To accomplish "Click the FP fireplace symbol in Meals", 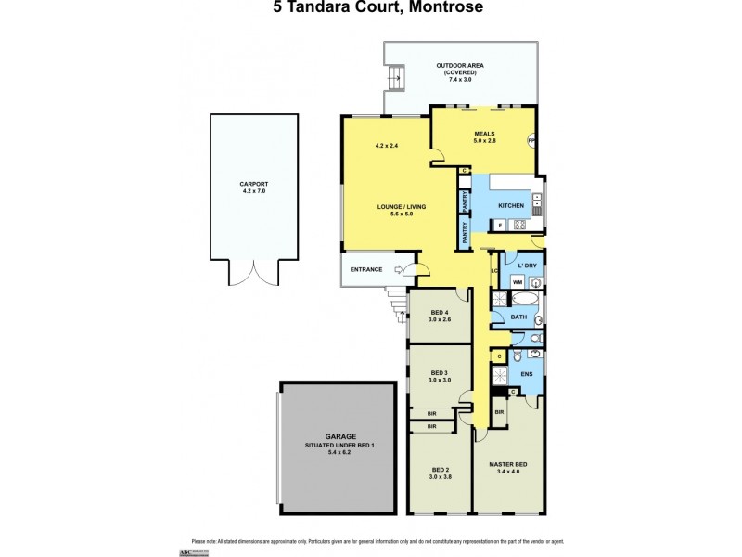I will click(532, 141).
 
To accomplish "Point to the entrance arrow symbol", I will click(400, 270).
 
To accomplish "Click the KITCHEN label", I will click(511, 204).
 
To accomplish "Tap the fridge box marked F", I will click(501, 224).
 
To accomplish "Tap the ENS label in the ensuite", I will click(525, 375).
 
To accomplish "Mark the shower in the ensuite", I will click(500, 375).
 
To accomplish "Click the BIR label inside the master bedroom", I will click(499, 411).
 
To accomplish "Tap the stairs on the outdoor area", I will click(396, 78).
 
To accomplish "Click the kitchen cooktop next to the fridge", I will click(520, 224).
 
